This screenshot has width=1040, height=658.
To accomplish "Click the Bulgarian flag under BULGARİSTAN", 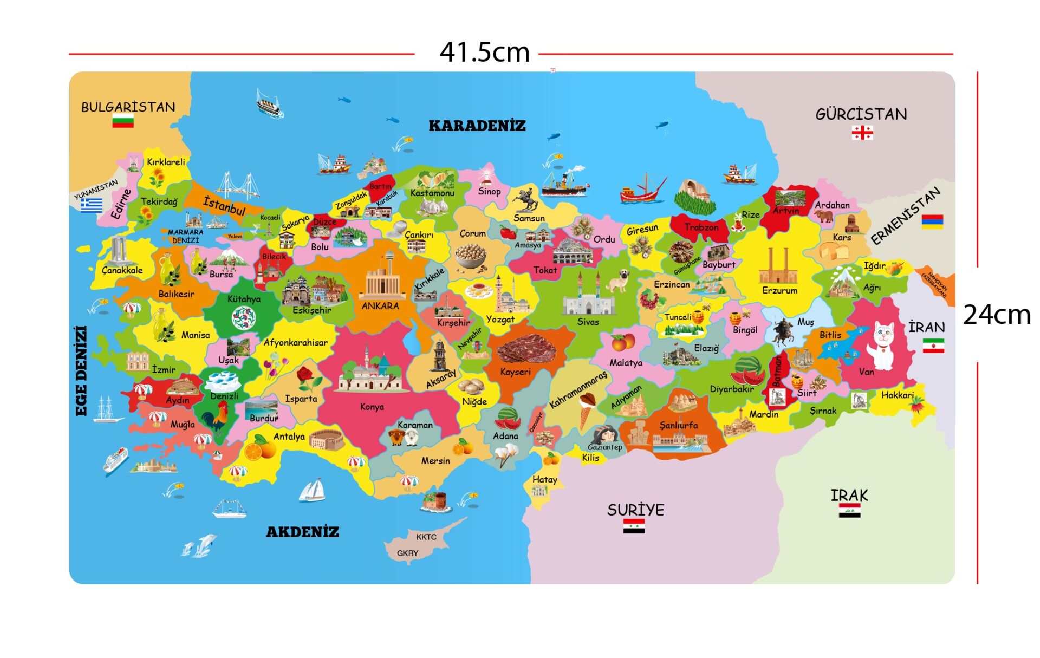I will tap(123, 121).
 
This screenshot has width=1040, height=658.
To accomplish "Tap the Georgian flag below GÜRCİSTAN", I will tap(862, 132).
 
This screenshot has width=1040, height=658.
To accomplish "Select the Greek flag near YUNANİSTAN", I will tap(92, 205).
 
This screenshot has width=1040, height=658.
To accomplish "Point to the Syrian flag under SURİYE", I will tap(634, 526).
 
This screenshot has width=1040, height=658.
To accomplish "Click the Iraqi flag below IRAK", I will tap(849, 511).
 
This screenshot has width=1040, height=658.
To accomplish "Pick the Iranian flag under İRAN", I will tap(933, 346).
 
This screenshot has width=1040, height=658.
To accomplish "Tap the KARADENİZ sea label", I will tap(477, 126).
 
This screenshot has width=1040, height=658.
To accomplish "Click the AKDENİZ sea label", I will tap(302, 532).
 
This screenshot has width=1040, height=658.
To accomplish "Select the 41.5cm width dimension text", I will tap(484, 53).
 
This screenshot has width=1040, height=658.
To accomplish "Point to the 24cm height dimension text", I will tap(997, 315).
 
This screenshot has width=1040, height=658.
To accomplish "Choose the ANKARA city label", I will tap(380, 306).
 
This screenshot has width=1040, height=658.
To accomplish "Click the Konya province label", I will tap(372, 407).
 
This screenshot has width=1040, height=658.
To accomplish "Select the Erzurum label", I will tap(779, 290).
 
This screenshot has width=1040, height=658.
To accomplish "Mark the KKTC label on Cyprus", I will tap(426, 537).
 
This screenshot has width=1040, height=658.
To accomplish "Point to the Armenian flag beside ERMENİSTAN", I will tap(932, 221).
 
